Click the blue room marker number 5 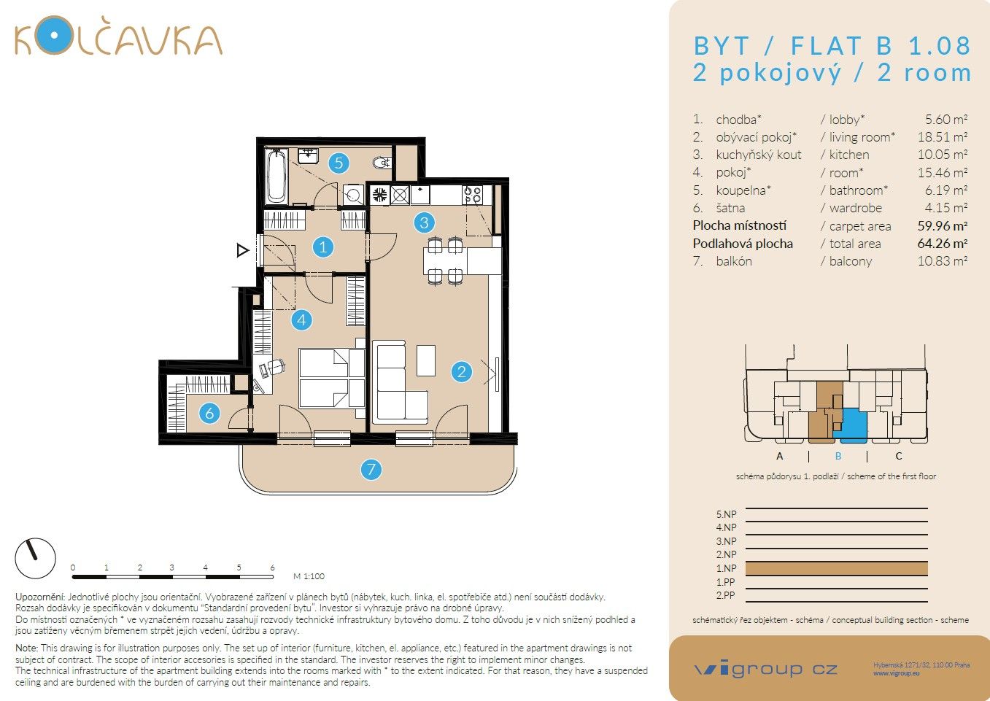[338, 163]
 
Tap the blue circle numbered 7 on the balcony [371, 469]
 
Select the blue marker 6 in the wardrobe [209, 414]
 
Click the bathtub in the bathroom [276, 175]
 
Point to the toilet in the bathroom [382, 162]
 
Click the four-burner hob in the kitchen [473, 195]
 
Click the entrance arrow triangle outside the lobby [243, 251]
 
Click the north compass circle [35, 558]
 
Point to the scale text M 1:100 [309, 576]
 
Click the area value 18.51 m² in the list [942, 137]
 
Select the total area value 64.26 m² [942, 244]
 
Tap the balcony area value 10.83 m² [942, 261]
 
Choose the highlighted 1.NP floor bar [836, 568]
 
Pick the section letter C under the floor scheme [898, 456]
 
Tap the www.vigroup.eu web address [896, 673]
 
